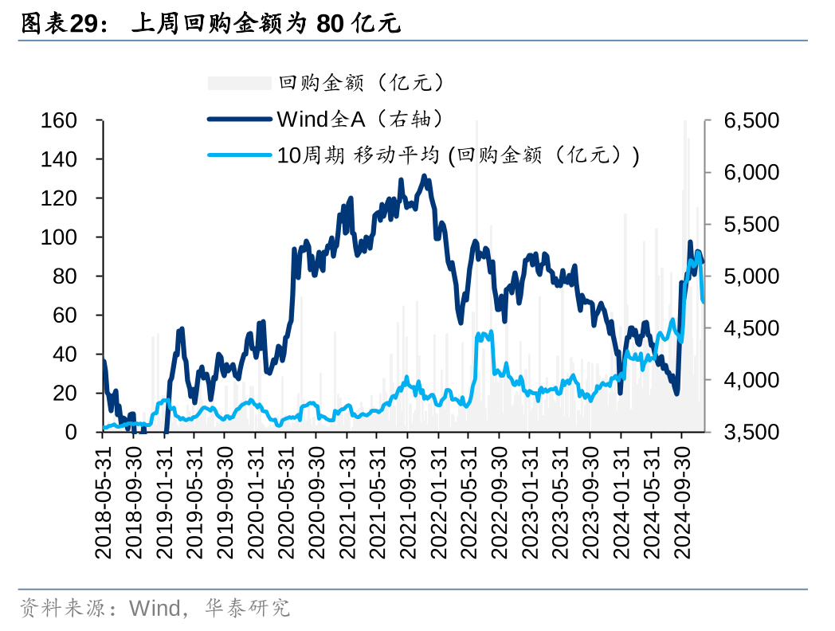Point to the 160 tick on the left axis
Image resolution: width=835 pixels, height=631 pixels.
click(59, 121)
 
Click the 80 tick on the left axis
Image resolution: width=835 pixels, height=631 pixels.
click(70, 276)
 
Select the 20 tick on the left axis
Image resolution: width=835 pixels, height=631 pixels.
click(70, 394)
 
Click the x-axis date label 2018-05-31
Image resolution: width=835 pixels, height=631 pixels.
click(102, 500)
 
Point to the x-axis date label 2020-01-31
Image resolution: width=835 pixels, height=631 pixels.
click(255, 500)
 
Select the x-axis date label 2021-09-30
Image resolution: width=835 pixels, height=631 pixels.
click(407, 500)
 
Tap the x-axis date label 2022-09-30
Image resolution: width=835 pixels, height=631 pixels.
click(499, 500)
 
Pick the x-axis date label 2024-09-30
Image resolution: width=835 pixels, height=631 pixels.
click(682, 500)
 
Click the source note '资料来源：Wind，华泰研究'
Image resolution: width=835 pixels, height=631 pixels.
click(155, 609)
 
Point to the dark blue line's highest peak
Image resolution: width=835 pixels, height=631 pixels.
click(424, 176)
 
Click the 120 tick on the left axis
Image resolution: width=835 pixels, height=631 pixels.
click(59, 198)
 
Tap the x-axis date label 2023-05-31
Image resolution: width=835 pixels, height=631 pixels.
click(560, 500)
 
